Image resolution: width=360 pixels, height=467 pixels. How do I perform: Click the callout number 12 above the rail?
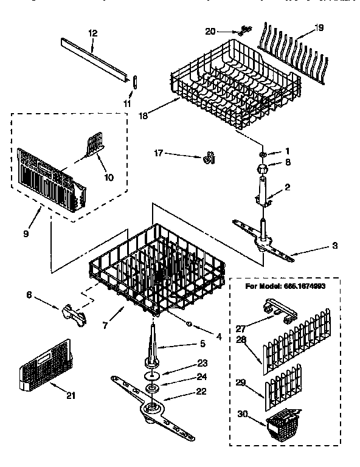pyautogui.click(x=92, y=34)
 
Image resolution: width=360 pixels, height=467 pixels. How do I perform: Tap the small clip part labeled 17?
pyautogui.click(x=210, y=159)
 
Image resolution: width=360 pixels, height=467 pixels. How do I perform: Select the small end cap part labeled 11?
pyautogui.click(x=134, y=82)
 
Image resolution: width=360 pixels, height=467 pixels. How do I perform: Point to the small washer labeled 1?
pyautogui.click(x=262, y=151)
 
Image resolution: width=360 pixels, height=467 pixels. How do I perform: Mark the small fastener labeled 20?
pyautogui.click(x=244, y=30)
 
